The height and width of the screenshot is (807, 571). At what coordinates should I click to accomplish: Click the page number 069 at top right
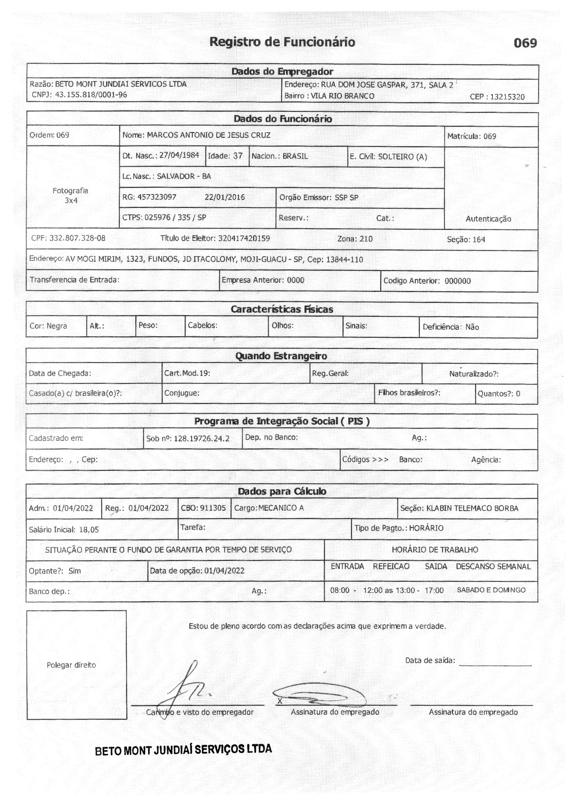tap(525, 43)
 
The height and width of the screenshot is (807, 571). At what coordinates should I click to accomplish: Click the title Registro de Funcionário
tap(282, 42)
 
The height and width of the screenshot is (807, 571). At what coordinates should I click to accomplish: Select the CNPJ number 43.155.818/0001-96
tap(91, 95)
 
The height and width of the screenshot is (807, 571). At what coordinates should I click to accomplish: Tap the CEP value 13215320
tap(507, 97)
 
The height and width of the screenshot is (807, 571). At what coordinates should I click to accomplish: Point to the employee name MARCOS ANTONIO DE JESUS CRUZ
tap(209, 135)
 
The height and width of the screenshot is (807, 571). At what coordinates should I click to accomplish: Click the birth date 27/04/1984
tap(179, 155)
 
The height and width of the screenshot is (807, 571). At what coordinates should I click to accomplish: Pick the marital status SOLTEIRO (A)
tap(402, 157)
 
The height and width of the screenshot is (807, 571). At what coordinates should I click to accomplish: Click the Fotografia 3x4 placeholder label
tap(71, 195)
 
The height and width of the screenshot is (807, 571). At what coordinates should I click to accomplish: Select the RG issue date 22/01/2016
tap(224, 197)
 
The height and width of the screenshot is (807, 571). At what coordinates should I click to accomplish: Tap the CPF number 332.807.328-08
tap(77, 238)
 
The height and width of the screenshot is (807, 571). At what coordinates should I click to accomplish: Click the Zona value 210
tap(366, 239)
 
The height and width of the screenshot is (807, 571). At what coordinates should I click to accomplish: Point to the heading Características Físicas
tap(282, 309)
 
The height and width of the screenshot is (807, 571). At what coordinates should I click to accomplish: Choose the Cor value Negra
tap(57, 326)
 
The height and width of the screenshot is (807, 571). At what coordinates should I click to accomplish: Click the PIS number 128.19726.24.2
tap(202, 438)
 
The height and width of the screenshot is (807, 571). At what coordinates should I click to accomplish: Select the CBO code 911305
tap(213, 508)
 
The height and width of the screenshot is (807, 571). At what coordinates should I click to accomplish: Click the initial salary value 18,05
tap(89, 530)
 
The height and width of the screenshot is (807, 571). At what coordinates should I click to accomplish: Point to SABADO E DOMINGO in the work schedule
tap(491, 590)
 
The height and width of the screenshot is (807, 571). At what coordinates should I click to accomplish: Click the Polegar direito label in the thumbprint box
tap(71, 665)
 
